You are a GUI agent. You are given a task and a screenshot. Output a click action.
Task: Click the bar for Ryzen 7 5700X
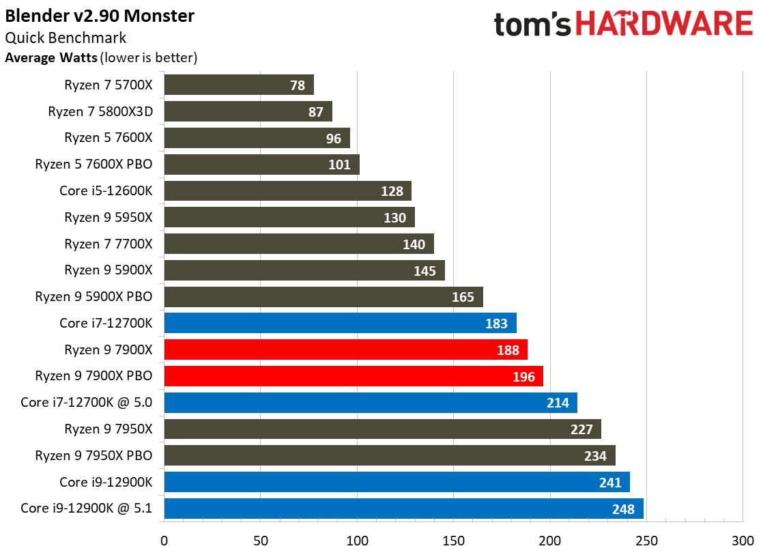pos(238,85)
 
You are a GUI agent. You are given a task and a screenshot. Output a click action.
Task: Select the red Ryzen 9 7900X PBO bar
pos(353,376)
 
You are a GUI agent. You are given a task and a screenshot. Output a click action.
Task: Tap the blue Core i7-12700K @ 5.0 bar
pos(370,403)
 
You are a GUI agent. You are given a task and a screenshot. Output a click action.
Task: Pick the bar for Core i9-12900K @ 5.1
pos(403,509)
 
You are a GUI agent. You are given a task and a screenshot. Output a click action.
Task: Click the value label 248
pos(623,509)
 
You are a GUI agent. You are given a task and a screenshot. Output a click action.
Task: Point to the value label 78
pos(298,85)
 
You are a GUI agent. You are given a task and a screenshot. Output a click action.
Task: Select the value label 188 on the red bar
pos(508,350)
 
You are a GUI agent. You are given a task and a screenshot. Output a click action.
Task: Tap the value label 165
pos(463,297)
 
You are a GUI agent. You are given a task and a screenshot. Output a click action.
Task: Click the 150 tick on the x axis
pos(453,541)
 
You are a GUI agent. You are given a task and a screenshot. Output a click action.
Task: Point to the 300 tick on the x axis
pos(743,541)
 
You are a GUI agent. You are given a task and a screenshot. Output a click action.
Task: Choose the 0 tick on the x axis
pos(164,541)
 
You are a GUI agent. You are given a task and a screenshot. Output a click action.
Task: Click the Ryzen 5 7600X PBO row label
pos(93,165)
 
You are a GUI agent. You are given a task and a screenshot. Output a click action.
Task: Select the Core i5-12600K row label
pos(106,190)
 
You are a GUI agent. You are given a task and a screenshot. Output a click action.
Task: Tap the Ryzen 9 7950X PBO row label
pos(93,455)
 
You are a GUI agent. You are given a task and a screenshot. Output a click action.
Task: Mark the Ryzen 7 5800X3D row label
pos(100,111)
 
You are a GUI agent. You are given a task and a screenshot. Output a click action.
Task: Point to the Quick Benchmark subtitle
pos(66,38)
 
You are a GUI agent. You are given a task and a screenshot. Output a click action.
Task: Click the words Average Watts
pos(51,58)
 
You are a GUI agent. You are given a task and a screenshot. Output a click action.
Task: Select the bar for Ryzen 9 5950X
pos(289,218)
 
